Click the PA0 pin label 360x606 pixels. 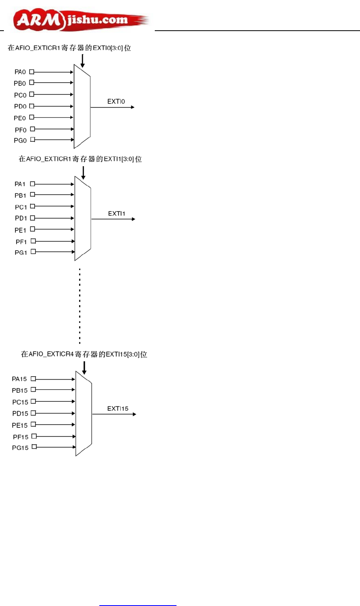click(20, 72)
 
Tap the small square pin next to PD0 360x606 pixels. click(32, 106)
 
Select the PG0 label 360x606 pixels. click(20, 141)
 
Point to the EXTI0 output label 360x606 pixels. click(116, 102)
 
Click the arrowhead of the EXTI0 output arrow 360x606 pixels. click(133, 107)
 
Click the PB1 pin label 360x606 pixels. click(21, 195)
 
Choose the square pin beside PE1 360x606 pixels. click(33, 229)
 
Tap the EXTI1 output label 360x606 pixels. click(117, 214)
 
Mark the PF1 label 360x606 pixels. click(21, 242)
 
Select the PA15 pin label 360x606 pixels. click(19, 379)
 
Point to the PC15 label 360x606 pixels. click(20, 402)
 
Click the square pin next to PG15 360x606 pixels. click(34, 447)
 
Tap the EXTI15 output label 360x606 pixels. click(118, 408)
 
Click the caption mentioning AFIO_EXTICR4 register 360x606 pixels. click(84, 354)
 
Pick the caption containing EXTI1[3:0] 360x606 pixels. click(80, 159)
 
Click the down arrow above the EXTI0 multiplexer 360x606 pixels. click(82, 61)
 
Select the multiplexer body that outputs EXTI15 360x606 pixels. click(84, 413)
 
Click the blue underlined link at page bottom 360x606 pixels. click(138, 604)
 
